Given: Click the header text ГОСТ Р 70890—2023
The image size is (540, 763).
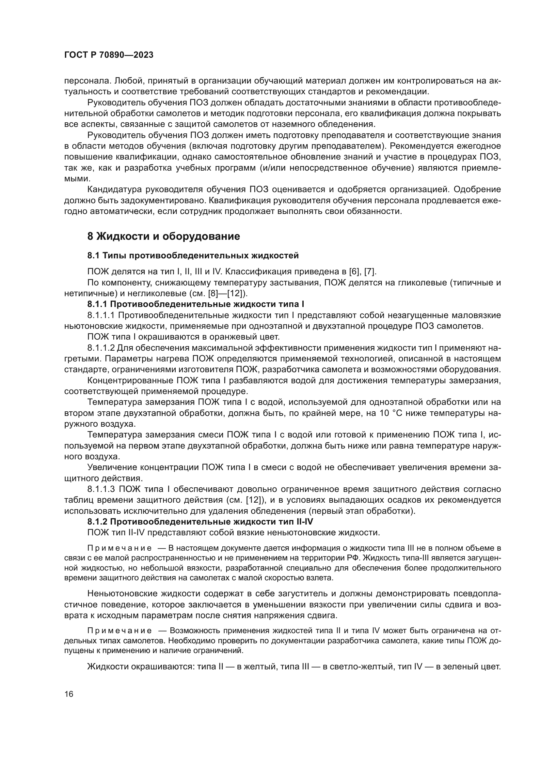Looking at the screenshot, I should click(x=109, y=55).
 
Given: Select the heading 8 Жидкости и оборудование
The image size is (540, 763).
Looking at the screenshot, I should click(x=164, y=236).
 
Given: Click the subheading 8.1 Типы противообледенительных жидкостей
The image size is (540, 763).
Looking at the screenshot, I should click(x=193, y=255).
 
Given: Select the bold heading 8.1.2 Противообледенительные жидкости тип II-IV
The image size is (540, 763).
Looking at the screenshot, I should click(x=200, y=522).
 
